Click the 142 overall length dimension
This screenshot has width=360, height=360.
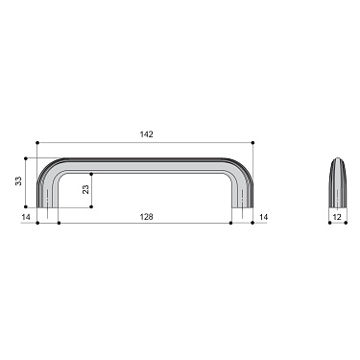[x=146, y=134]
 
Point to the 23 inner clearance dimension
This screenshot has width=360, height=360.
[x=86, y=190]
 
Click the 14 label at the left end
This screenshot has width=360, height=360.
[x=27, y=218]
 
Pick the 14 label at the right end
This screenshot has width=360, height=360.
[x=263, y=218]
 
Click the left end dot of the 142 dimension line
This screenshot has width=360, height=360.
[x=36, y=143]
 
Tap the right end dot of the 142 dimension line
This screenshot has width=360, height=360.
[x=253, y=143]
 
